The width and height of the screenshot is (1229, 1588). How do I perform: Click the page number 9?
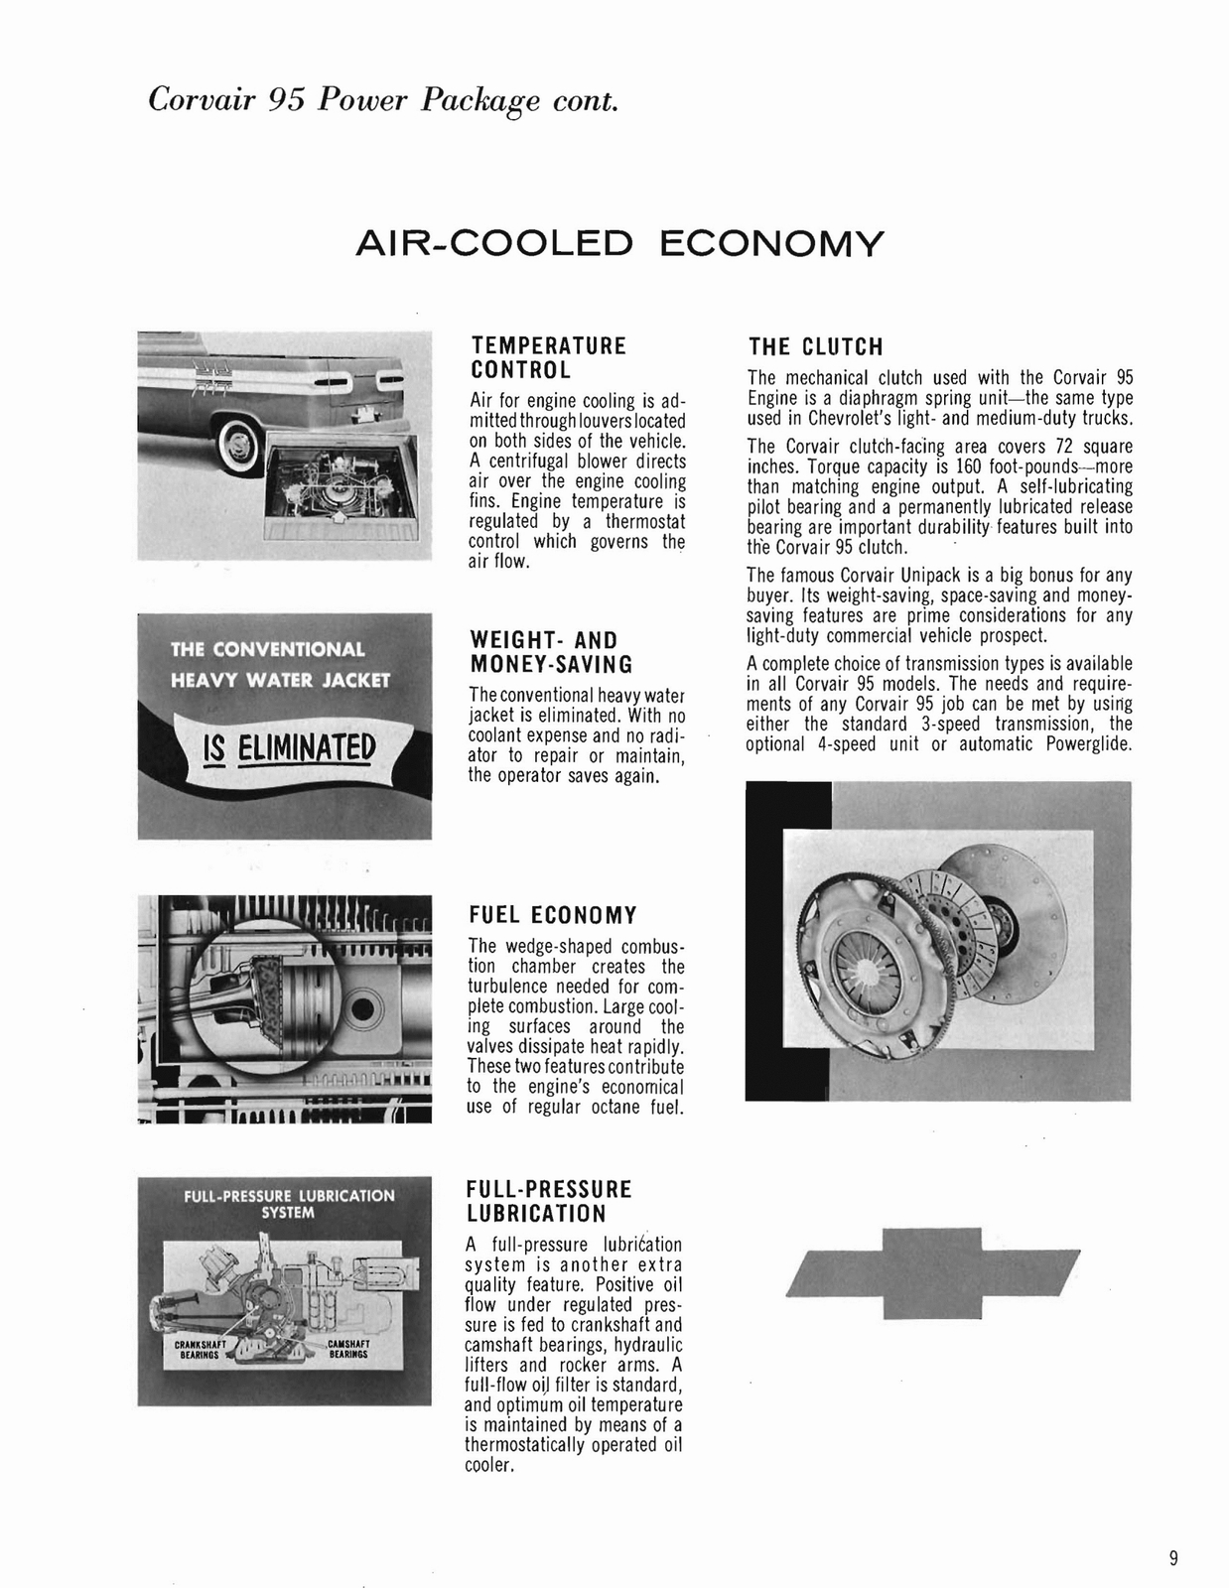click(1173, 1558)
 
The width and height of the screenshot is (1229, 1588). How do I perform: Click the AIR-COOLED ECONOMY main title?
click(618, 243)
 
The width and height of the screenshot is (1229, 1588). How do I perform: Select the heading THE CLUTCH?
click(815, 347)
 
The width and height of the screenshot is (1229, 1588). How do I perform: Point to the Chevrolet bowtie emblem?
click(932, 1273)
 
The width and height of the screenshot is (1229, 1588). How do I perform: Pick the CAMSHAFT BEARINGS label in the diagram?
click(349, 1350)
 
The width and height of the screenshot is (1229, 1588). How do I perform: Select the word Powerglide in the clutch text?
click(1089, 744)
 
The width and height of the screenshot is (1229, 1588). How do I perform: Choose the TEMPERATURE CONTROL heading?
click(548, 358)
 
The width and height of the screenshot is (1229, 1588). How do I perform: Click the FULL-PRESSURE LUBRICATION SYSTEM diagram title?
click(288, 1204)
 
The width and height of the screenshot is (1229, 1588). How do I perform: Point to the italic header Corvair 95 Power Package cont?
click(382, 101)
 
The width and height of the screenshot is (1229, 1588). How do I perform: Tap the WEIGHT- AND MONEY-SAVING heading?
click(550, 652)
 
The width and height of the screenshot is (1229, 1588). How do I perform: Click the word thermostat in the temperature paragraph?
click(641, 521)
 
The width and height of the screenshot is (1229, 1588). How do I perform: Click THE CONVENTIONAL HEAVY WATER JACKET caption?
click(280, 665)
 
